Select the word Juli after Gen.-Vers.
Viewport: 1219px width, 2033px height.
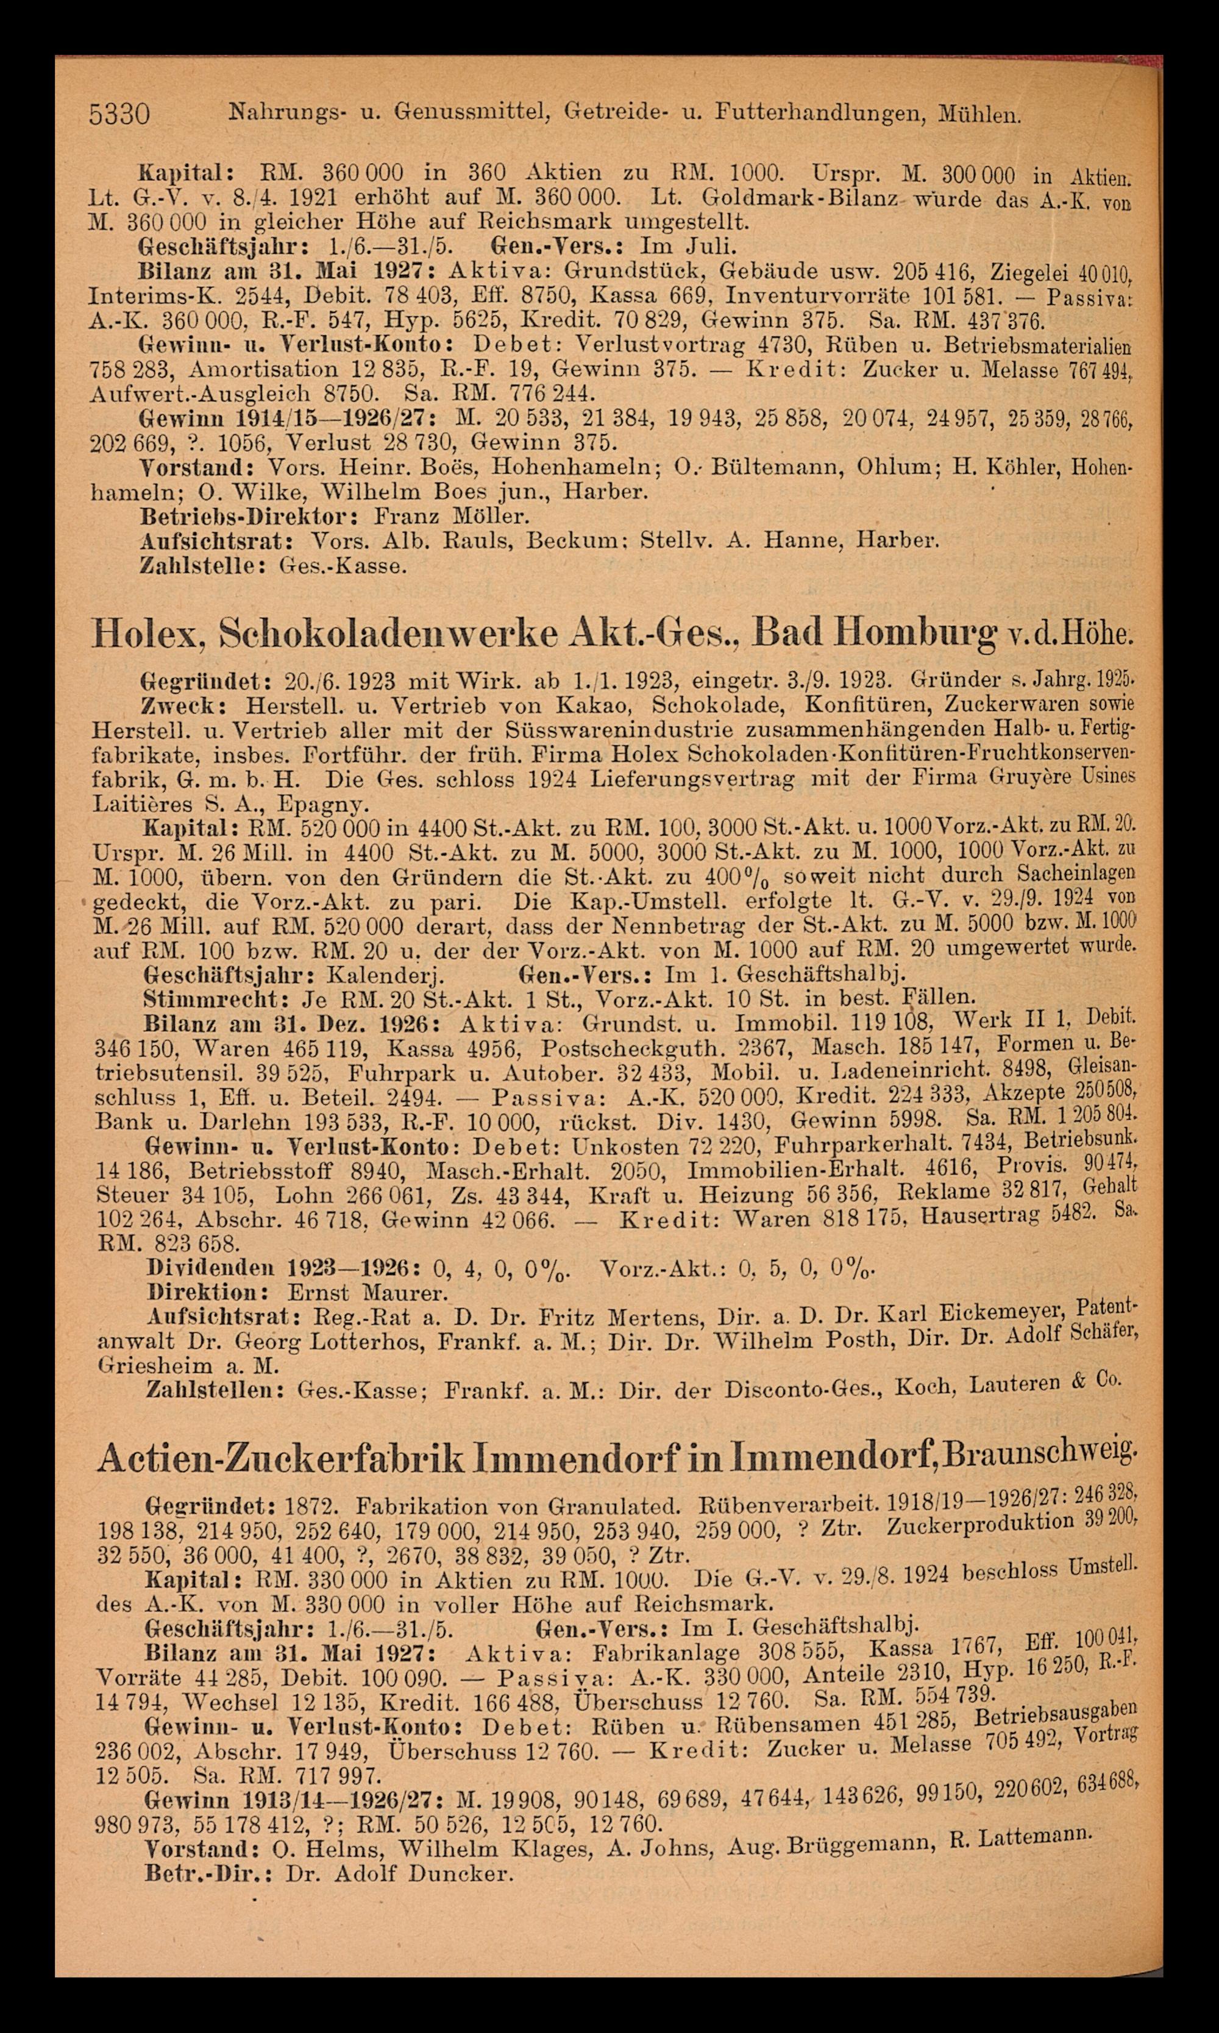(x=719, y=246)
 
